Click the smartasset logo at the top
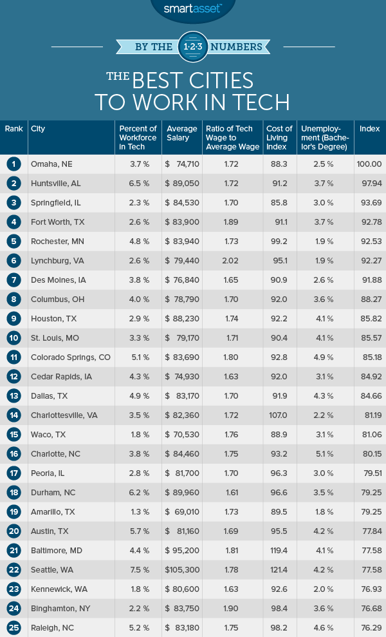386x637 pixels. coord(192,8)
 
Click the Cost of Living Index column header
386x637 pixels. coord(280,137)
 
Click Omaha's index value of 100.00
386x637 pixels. coord(369,164)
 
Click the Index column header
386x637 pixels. coord(370,129)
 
